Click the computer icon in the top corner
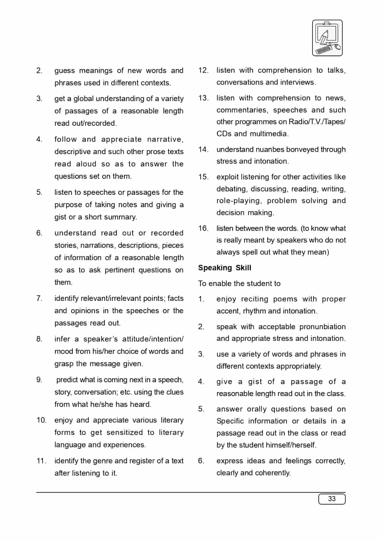pos(327,38)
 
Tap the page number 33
pos(332,499)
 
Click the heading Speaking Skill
pos(225,268)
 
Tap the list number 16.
pos(203,228)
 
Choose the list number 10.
pos(41,420)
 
